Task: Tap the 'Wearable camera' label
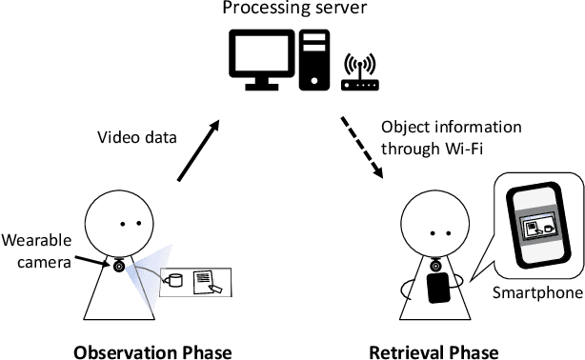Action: pyautogui.click(x=35, y=246)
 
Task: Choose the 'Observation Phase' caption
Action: pyautogui.click(x=152, y=350)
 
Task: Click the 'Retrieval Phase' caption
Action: pyautogui.click(x=435, y=350)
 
